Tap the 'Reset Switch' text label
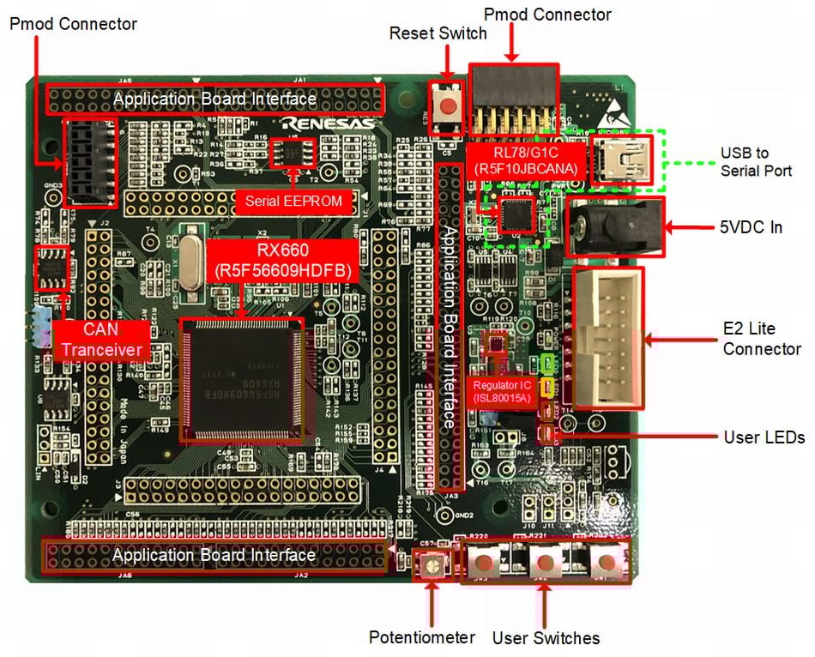click(x=438, y=33)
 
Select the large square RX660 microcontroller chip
click(x=241, y=378)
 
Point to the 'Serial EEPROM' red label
click(x=294, y=202)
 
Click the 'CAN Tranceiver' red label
click(x=101, y=340)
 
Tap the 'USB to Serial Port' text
click(x=756, y=162)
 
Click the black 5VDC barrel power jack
click(x=616, y=227)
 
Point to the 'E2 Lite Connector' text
click(x=762, y=339)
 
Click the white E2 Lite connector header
click(x=607, y=338)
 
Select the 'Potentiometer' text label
click(x=421, y=637)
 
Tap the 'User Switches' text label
click(x=546, y=637)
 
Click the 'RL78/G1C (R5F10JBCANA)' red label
click(x=527, y=160)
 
